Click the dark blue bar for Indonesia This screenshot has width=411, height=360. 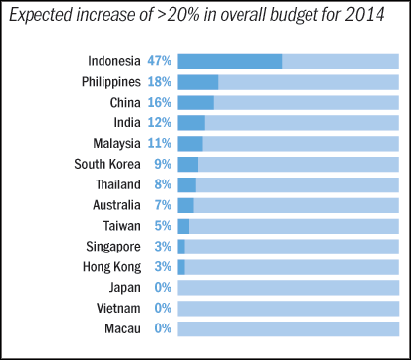(230, 61)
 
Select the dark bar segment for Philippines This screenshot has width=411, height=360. (198, 82)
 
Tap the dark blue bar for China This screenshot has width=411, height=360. (196, 103)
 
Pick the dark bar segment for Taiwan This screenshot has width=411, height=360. (183, 226)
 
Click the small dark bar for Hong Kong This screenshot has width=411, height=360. (181, 267)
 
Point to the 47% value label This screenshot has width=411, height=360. (160, 61)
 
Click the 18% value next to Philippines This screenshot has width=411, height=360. (160, 82)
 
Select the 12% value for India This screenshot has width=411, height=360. (160, 123)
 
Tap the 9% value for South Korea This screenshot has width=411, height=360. (163, 164)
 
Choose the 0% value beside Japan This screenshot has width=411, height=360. (163, 288)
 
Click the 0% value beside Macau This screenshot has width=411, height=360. (163, 328)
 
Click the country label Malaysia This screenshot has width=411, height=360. (116, 144)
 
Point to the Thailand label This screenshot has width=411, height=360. (118, 184)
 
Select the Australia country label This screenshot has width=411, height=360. (116, 205)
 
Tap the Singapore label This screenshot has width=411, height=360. (113, 247)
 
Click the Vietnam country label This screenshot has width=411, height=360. (118, 308)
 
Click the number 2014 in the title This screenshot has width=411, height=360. (365, 15)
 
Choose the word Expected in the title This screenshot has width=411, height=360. (40, 16)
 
